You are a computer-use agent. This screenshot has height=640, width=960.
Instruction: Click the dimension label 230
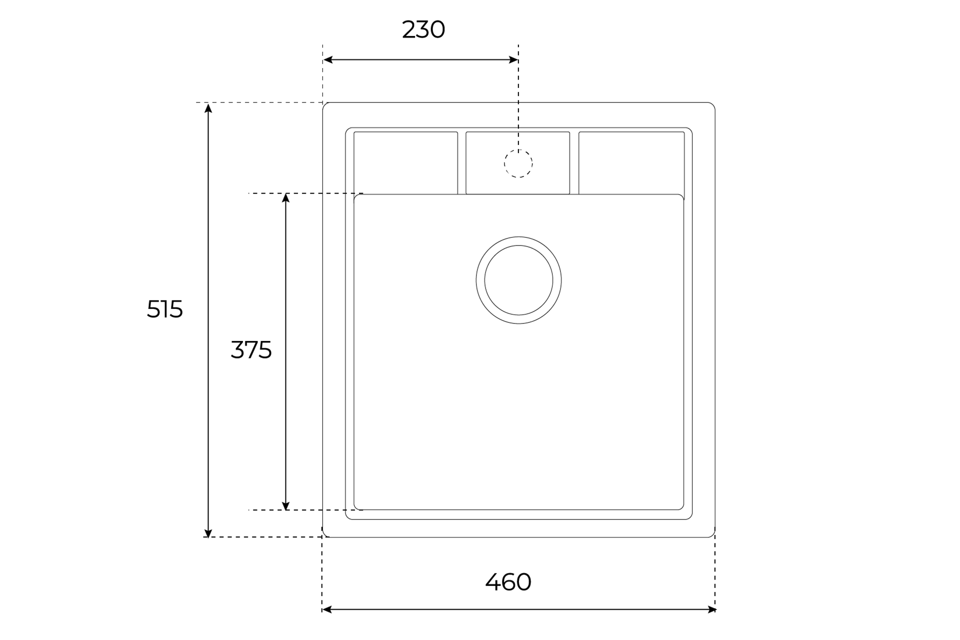423,30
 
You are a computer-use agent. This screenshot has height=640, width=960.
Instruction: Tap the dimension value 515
165,309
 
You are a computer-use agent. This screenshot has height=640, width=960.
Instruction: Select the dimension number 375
251,350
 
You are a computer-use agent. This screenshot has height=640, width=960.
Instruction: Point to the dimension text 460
508,582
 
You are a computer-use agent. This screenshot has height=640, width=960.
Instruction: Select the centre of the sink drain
518,280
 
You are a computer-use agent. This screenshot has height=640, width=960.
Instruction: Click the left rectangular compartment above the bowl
405,163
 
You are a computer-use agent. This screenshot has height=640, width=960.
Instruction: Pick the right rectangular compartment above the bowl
631,163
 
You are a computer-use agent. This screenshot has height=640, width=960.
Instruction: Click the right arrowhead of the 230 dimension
513,60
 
